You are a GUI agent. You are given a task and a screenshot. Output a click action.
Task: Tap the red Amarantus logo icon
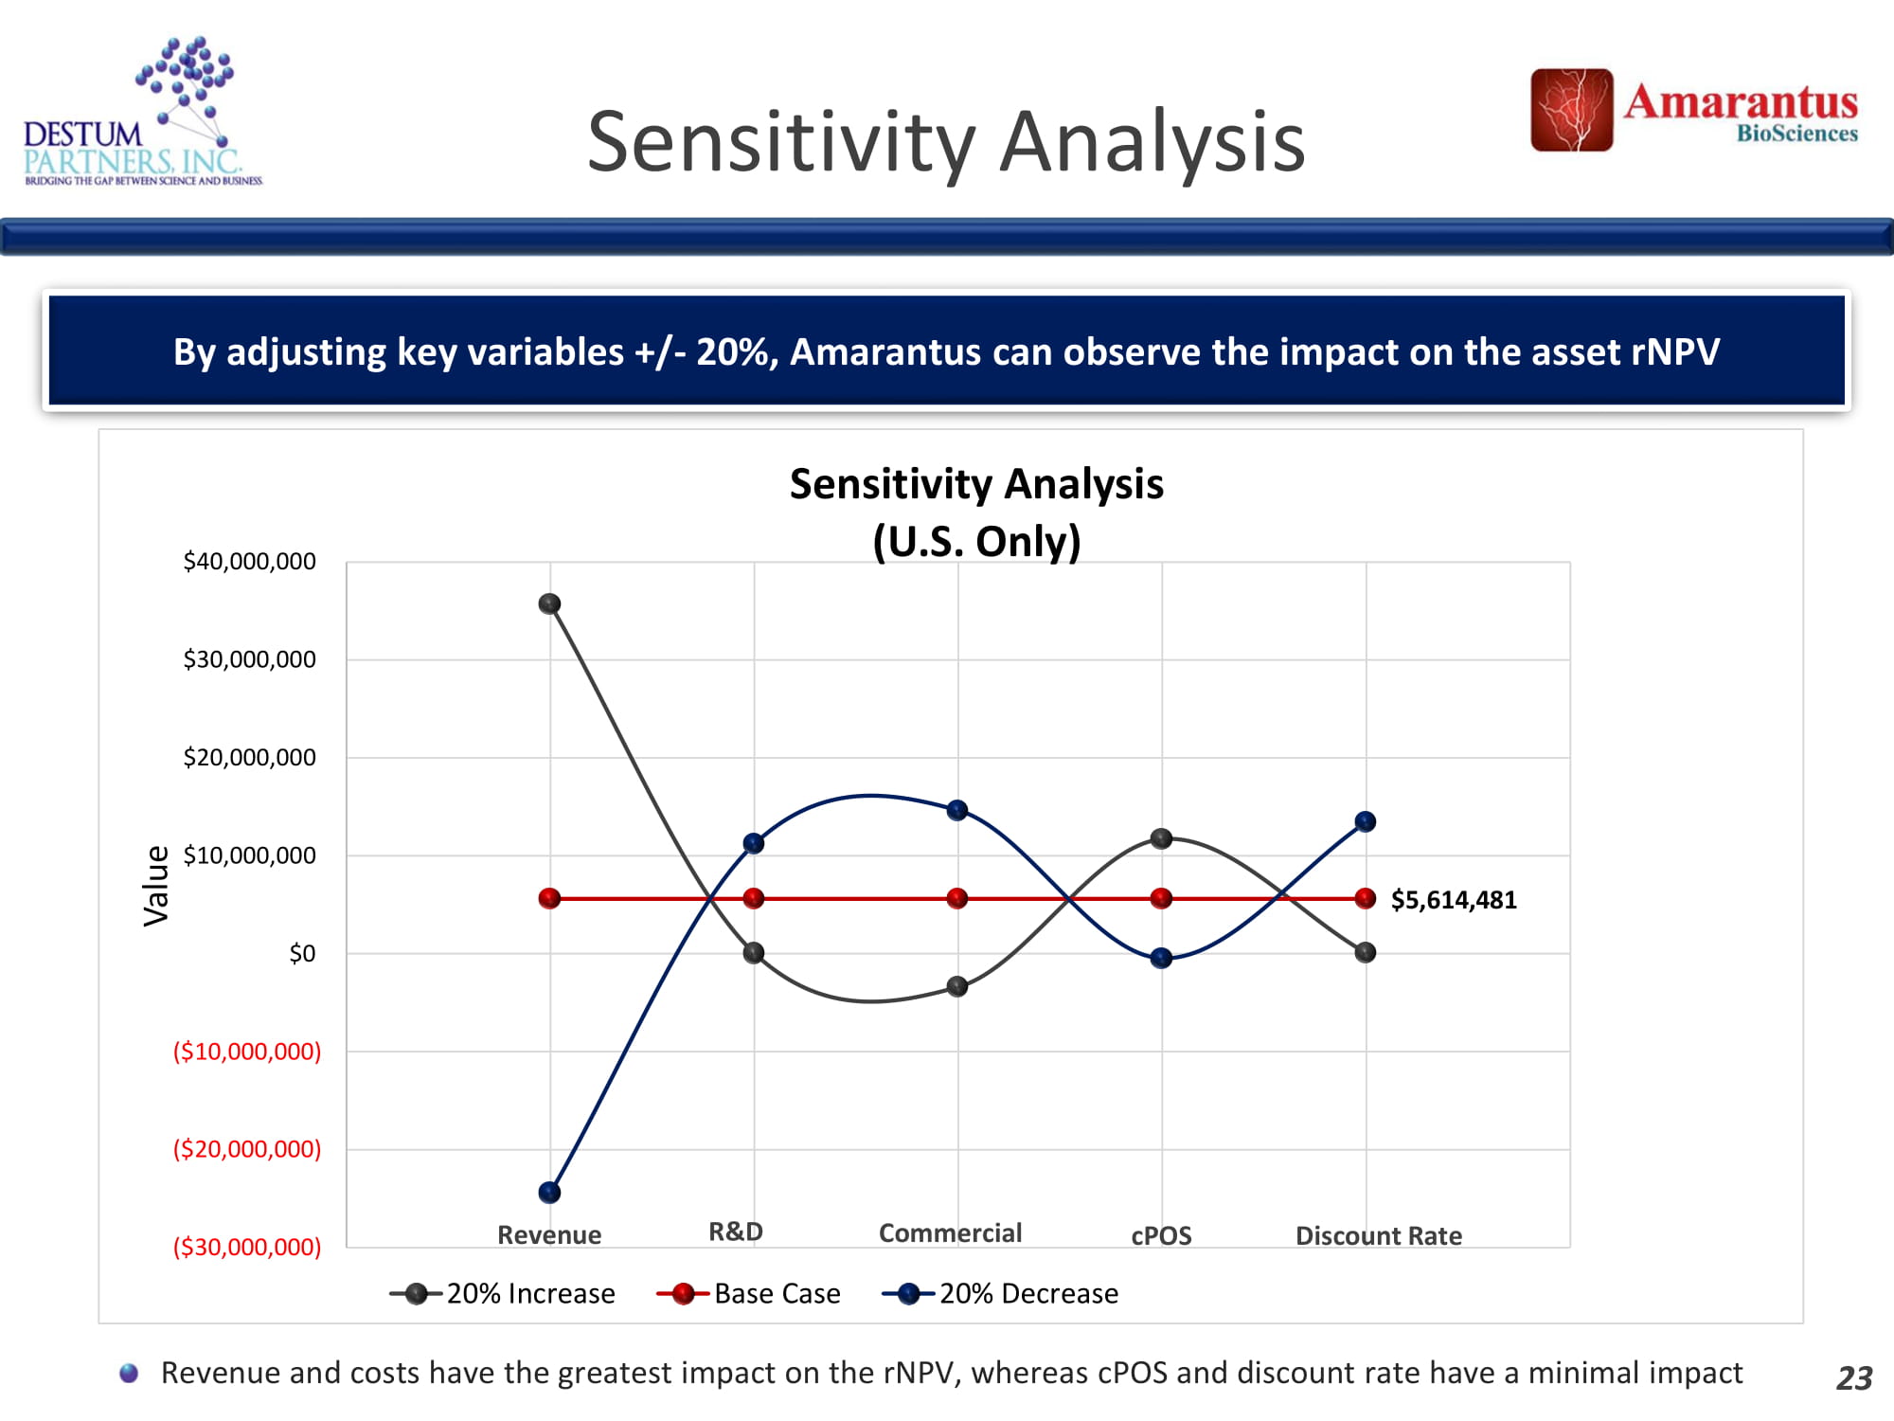(x=1571, y=110)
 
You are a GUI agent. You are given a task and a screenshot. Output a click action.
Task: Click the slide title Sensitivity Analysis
(x=945, y=142)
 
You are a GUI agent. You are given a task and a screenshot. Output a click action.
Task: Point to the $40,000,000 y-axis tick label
(x=249, y=562)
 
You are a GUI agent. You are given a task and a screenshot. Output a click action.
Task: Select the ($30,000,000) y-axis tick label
(x=246, y=1247)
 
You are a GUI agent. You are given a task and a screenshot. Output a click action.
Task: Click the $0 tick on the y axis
(x=302, y=953)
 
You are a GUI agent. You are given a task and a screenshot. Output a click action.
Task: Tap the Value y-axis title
(x=156, y=886)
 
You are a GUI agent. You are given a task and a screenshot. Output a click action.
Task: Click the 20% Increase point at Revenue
(x=549, y=603)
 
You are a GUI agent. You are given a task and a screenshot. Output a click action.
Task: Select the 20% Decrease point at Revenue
(x=549, y=1192)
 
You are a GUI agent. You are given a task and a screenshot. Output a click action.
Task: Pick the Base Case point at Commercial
(x=957, y=898)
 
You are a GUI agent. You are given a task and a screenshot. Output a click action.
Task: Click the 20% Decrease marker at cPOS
(x=1161, y=958)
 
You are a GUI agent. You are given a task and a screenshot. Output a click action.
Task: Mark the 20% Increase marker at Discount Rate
(x=1365, y=952)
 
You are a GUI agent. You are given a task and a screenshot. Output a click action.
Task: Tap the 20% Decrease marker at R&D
(x=754, y=843)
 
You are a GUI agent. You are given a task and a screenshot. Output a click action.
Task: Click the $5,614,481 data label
(x=1453, y=900)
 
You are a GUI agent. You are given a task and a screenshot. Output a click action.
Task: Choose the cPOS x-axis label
(x=1161, y=1235)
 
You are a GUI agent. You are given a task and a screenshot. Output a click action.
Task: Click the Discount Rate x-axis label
(x=1378, y=1235)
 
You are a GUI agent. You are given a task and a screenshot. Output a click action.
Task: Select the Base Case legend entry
(x=748, y=1293)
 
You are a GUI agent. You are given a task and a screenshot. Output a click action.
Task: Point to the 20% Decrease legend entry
(x=1000, y=1293)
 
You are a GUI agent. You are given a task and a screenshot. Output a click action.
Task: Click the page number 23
(x=1853, y=1377)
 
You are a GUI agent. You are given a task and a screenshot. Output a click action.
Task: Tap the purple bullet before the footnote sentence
(x=129, y=1373)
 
